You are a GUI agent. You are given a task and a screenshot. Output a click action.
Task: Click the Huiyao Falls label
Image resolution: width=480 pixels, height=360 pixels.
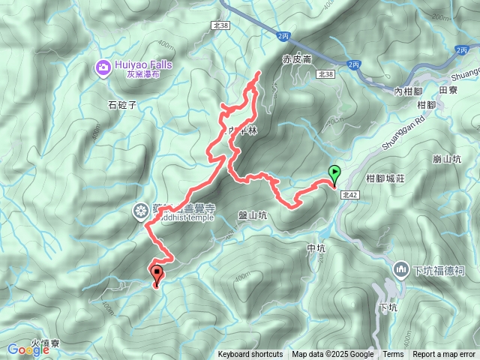tap(143, 64)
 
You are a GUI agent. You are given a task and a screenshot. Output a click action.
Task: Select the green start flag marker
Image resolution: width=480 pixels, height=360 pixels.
tap(334, 173)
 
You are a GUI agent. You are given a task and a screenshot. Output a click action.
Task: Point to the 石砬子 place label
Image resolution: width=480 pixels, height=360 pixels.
tap(121, 104)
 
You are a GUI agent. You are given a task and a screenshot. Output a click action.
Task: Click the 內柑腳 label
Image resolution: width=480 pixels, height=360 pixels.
tap(408, 90)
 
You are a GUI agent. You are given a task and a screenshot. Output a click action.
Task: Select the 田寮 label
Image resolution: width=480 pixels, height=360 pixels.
tap(448, 89)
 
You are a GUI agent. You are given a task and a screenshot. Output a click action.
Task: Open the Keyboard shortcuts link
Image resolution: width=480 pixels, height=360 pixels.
tap(250, 355)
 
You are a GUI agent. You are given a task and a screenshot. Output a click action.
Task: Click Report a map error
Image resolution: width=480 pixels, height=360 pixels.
tap(443, 355)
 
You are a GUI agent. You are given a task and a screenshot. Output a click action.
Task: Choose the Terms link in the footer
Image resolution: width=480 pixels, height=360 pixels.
tap(393, 355)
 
